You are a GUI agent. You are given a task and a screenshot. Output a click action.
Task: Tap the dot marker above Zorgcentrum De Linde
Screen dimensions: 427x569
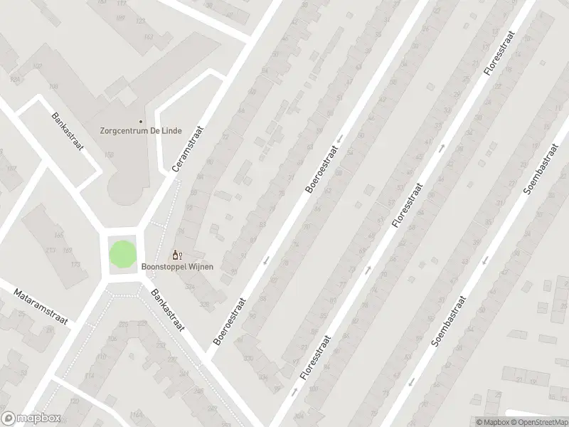(140, 122)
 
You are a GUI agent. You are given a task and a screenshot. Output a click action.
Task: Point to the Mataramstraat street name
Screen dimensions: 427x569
(41, 306)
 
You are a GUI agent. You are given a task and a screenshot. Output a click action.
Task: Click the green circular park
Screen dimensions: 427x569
(121, 255)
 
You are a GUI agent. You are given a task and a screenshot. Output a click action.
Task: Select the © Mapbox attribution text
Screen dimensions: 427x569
(492, 422)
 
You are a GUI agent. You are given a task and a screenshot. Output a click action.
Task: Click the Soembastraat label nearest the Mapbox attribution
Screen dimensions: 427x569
(448, 320)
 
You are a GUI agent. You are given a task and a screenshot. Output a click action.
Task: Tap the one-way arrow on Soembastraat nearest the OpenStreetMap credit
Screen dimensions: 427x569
(412, 383)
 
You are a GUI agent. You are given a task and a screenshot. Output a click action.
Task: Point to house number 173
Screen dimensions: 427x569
(75, 265)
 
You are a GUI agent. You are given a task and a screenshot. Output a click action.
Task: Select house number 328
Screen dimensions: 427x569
(205, 305)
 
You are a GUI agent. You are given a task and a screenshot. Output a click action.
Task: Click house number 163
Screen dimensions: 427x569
(149, 36)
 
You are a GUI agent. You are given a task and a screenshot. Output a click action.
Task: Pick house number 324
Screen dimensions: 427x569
(189, 286)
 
